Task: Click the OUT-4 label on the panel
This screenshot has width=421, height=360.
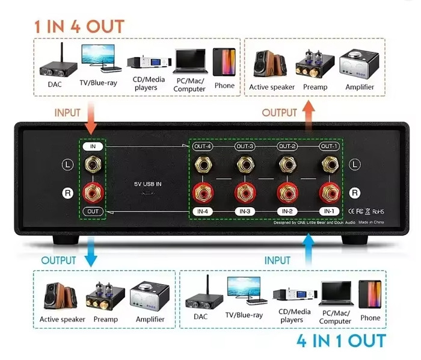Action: click(x=203, y=146)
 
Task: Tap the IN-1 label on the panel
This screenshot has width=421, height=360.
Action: click(x=328, y=211)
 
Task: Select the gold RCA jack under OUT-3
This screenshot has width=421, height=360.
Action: click(x=245, y=163)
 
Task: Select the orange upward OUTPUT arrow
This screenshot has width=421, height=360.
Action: click(x=309, y=112)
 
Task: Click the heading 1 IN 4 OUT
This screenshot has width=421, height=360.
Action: click(x=78, y=26)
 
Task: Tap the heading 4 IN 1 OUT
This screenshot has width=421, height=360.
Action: click(x=340, y=341)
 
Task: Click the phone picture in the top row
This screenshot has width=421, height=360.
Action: click(x=224, y=62)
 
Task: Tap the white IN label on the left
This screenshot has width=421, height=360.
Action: click(x=93, y=146)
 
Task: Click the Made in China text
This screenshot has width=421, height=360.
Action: click(x=372, y=222)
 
